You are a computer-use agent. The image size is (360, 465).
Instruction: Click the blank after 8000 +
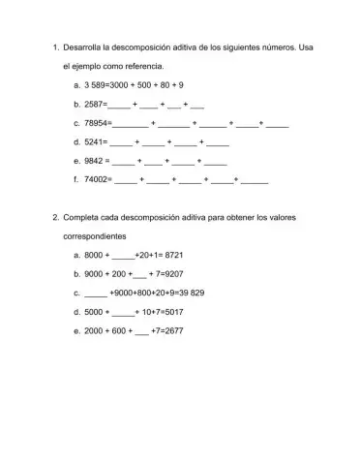click(123, 256)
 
